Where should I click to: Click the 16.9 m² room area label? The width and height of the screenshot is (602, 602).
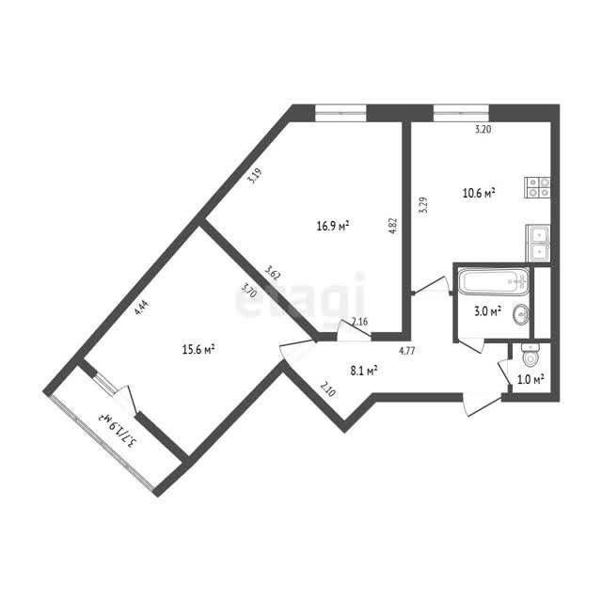click(x=332, y=226)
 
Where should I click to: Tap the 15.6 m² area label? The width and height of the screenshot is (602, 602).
click(x=198, y=350)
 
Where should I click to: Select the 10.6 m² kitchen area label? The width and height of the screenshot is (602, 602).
click(x=479, y=193)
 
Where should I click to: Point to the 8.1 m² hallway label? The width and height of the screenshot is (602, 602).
click(x=364, y=371)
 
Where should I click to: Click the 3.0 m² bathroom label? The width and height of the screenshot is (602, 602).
click(x=488, y=311)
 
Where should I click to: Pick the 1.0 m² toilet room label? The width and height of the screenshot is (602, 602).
click(x=531, y=380)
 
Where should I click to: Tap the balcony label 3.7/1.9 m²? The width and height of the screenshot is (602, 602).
click(x=118, y=431)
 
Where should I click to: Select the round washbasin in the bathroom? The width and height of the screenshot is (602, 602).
click(x=520, y=314)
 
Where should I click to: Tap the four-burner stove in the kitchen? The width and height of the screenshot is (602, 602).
click(x=537, y=188)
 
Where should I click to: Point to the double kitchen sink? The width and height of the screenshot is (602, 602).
click(x=538, y=243)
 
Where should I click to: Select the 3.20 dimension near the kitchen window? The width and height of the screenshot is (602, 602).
click(x=483, y=130)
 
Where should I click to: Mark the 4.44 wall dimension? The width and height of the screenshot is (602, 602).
click(x=141, y=308)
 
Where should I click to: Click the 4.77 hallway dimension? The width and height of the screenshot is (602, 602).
click(x=407, y=351)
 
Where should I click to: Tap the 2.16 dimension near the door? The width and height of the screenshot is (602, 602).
click(x=359, y=322)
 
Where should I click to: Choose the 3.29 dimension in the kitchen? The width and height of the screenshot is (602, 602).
click(x=423, y=205)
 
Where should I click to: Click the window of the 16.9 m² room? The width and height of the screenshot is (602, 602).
click(x=341, y=113)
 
